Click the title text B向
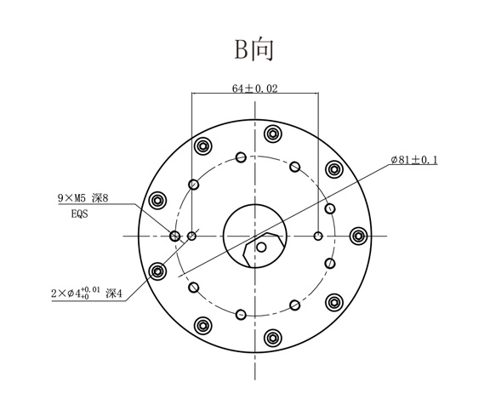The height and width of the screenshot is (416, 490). coord(254,49)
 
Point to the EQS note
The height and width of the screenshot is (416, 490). coord(80,215)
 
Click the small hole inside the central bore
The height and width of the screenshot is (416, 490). coord(262,248)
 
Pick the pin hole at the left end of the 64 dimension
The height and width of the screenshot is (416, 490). coord(192,236)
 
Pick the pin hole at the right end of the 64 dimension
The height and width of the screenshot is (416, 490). coord(318,236)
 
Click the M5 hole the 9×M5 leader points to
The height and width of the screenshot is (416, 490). coord(175,236)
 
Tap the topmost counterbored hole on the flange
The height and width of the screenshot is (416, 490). coord(272,134)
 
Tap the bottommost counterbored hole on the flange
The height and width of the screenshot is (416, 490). coord(272,338)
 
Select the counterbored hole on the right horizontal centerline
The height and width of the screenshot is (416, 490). coord(358,236)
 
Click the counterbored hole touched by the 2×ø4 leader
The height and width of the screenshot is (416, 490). coord(157,271)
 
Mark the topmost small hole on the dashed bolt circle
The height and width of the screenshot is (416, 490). coord(242,157)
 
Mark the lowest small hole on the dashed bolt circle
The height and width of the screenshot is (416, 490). coord(242,315)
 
